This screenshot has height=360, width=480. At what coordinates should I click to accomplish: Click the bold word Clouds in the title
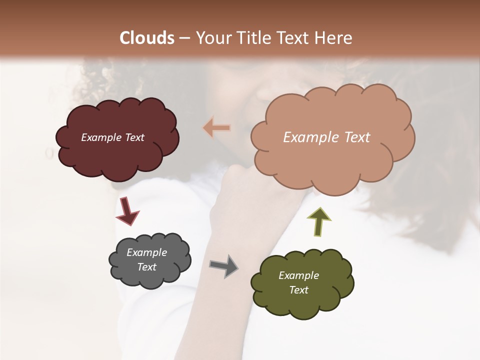point(147,38)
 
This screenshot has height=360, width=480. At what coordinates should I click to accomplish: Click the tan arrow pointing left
point(217,128)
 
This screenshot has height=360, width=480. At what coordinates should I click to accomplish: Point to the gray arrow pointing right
point(223,265)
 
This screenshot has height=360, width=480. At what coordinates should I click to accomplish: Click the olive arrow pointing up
point(319,221)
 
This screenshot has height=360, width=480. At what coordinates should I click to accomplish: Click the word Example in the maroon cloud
point(101,137)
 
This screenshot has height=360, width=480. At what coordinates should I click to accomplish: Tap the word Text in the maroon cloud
point(134,137)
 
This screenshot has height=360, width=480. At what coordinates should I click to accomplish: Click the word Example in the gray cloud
point(146,252)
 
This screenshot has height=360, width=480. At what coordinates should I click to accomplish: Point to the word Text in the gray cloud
point(147,267)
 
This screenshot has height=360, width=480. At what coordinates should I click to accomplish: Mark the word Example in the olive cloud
point(298,275)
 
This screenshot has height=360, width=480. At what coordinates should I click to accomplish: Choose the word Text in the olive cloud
point(298,290)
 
